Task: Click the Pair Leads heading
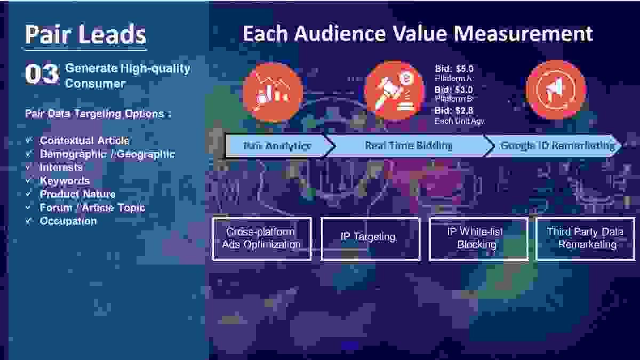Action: (x=85, y=35)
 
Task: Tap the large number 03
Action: (x=41, y=75)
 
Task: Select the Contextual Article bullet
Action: (x=84, y=141)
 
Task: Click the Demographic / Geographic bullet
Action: (x=107, y=154)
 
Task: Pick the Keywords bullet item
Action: (x=65, y=181)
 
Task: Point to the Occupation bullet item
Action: (x=68, y=221)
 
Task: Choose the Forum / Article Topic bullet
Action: (x=92, y=207)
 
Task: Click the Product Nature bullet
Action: (x=77, y=194)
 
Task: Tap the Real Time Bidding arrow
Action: (x=409, y=146)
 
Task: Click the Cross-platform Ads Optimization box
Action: (x=261, y=238)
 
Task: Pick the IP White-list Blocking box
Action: (x=478, y=238)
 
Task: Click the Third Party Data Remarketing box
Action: (x=585, y=238)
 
